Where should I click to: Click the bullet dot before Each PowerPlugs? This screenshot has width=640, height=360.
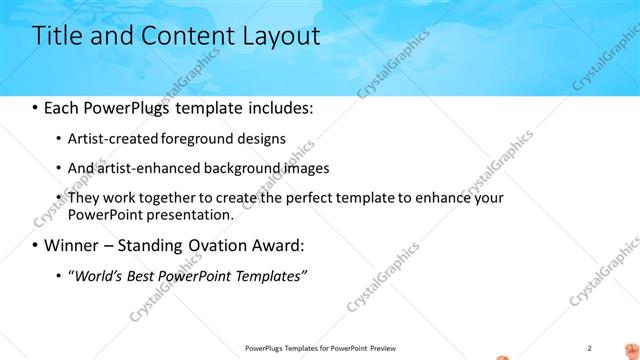click(37, 107)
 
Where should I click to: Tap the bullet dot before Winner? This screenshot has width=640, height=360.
click(37, 246)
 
